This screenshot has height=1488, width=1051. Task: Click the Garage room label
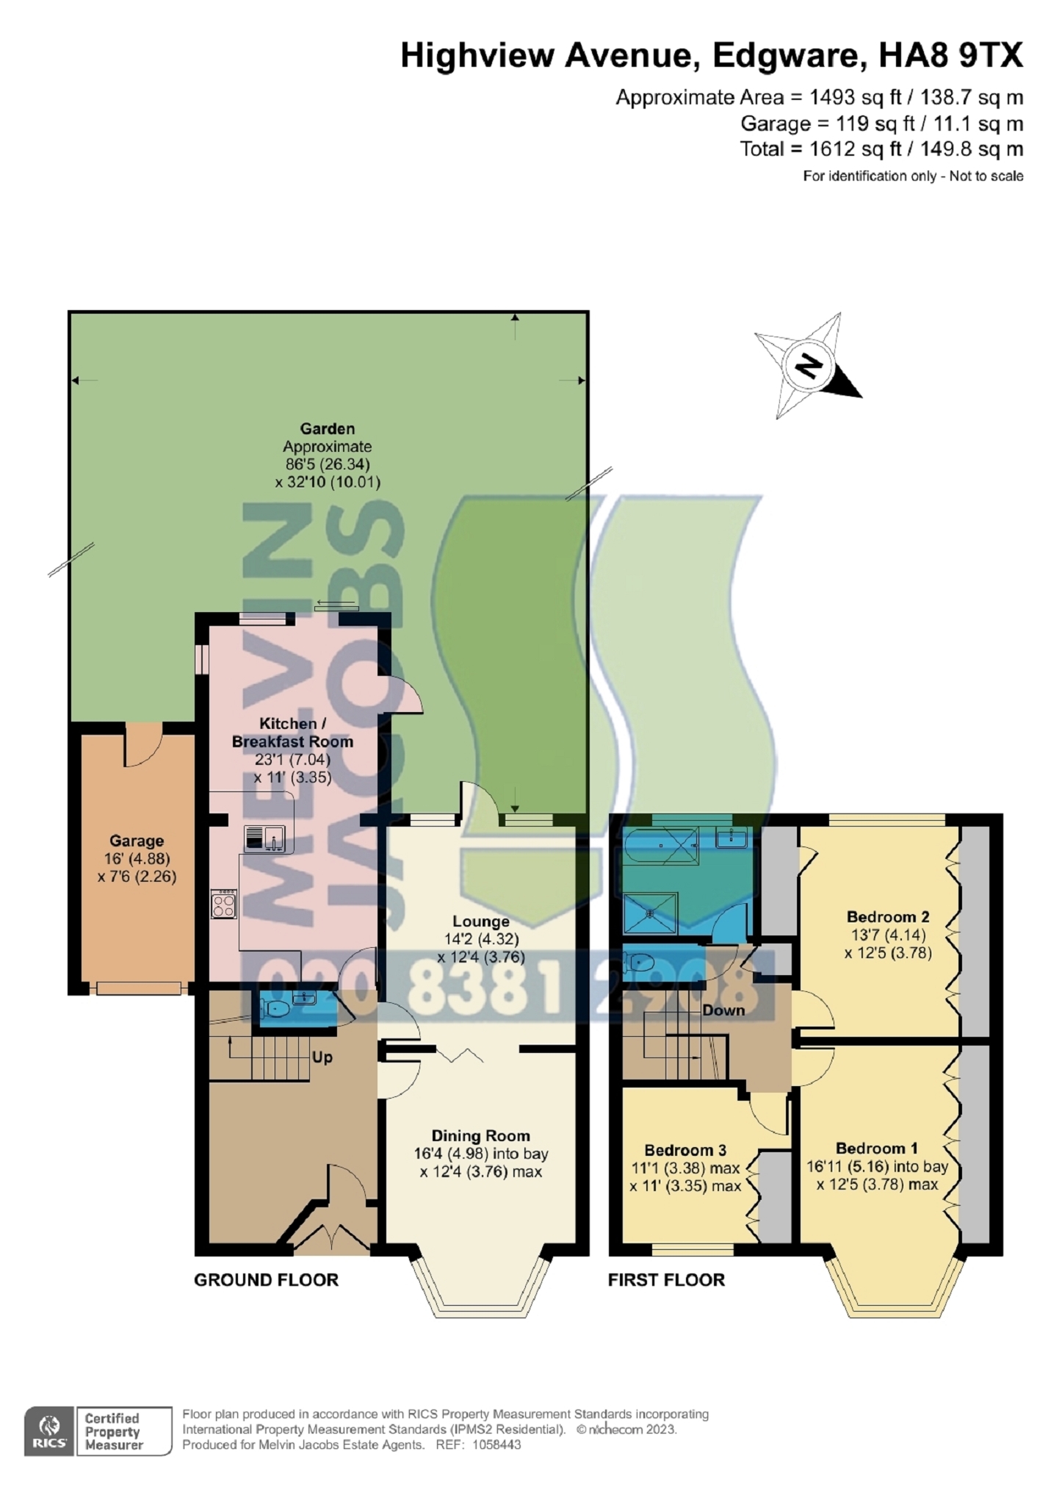tap(137, 841)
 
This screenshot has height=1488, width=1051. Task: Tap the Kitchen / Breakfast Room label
tap(292, 733)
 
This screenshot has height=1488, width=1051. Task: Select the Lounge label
tap(481, 921)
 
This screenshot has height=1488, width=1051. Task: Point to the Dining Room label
tap(481, 1136)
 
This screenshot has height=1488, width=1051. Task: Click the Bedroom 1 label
tap(877, 1149)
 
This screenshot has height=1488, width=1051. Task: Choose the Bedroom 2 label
tap(888, 916)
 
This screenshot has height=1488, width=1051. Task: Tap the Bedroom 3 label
tap(685, 1150)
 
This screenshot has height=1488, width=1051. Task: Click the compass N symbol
tap(809, 365)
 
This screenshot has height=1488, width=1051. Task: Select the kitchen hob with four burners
tap(224, 904)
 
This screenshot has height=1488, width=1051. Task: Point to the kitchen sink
tap(264, 838)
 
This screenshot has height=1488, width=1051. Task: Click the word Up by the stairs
tap(322, 1057)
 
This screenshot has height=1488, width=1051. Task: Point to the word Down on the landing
tap(723, 1010)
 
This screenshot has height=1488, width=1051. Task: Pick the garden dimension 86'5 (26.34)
tap(328, 464)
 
